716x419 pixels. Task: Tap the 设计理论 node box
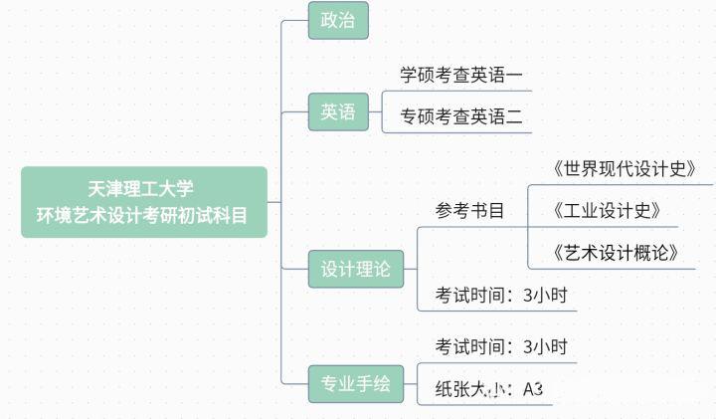click(x=355, y=269)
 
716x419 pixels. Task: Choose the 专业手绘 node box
click(x=355, y=383)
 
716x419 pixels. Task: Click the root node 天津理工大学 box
click(x=144, y=202)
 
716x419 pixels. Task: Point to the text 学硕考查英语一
click(x=460, y=75)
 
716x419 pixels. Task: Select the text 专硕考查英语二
click(x=460, y=116)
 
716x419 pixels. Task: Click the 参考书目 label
click(x=469, y=210)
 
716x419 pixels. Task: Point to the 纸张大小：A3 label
click(x=488, y=389)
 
